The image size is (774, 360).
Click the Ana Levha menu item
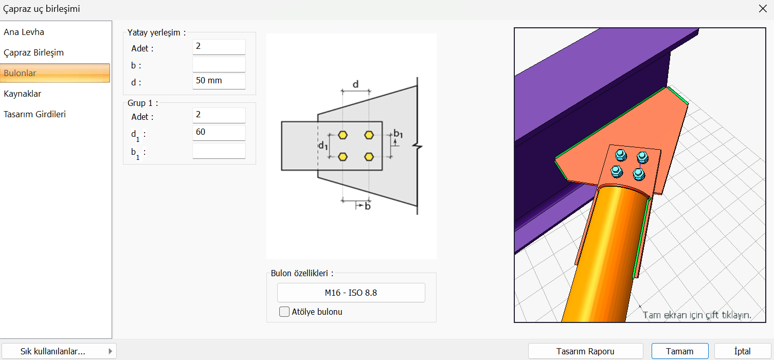pyautogui.click(x=24, y=32)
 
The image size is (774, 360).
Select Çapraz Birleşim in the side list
pyautogui.click(x=33, y=52)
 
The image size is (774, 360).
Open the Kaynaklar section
pyautogui.click(x=23, y=94)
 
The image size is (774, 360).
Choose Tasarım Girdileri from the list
pyautogui.click(x=34, y=114)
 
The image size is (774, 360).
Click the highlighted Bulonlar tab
pyautogui.click(x=55, y=73)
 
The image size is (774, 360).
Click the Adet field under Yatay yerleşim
pyautogui.click(x=219, y=47)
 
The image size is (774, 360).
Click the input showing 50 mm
pyautogui.click(x=219, y=81)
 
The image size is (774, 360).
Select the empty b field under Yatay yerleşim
pyautogui.click(x=219, y=64)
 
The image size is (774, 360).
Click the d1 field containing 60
pyautogui.click(x=219, y=133)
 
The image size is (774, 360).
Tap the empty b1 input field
pyautogui.click(x=219, y=151)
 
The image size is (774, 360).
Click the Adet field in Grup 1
pyautogui.click(x=219, y=115)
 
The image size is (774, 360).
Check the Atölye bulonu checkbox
pyautogui.click(x=284, y=312)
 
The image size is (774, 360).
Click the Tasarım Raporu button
pyautogui.click(x=585, y=351)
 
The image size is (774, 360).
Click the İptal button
pyautogui.click(x=742, y=351)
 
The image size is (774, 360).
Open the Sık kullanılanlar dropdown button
pyautogui.click(x=59, y=351)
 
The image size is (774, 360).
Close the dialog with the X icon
pyautogui.click(x=763, y=9)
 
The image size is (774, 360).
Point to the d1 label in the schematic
pyautogui.click(x=323, y=146)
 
